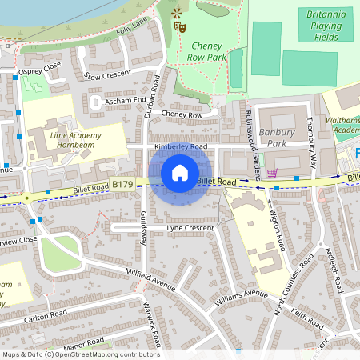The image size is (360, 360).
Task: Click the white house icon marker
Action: pos(180,172)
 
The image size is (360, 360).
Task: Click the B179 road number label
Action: pos(122,184)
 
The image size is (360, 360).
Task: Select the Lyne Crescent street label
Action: pos(190,228)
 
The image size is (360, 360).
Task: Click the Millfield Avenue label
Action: pos(144,282)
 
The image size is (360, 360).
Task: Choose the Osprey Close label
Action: pos(39,68)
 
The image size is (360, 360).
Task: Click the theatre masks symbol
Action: pos(180,26)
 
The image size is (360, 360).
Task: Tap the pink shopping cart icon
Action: pos(272,173)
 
